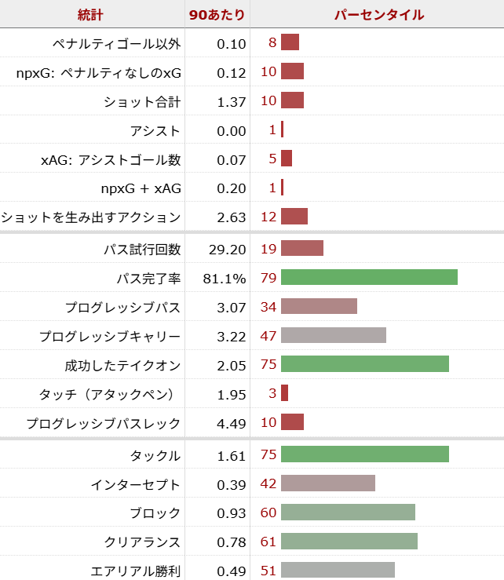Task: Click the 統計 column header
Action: [90, 15]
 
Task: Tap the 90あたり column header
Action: [217, 15]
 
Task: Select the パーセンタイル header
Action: [378, 15]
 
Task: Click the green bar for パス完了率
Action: [369, 278]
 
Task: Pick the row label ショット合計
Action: [142, 102]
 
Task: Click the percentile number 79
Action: [268, 279]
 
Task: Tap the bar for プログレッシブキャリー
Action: [333, 336]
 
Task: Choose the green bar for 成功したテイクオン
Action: [364, 365]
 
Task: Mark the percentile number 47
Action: [268, 336]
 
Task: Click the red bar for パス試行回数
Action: [301, 250]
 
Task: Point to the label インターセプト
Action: [142, 485]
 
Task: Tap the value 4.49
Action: [231, 424]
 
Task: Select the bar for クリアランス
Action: [349, 542]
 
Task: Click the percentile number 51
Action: [268, 571]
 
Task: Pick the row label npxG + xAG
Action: [141, 188]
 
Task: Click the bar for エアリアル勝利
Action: [338, 571]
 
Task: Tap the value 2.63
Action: [231, 217]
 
